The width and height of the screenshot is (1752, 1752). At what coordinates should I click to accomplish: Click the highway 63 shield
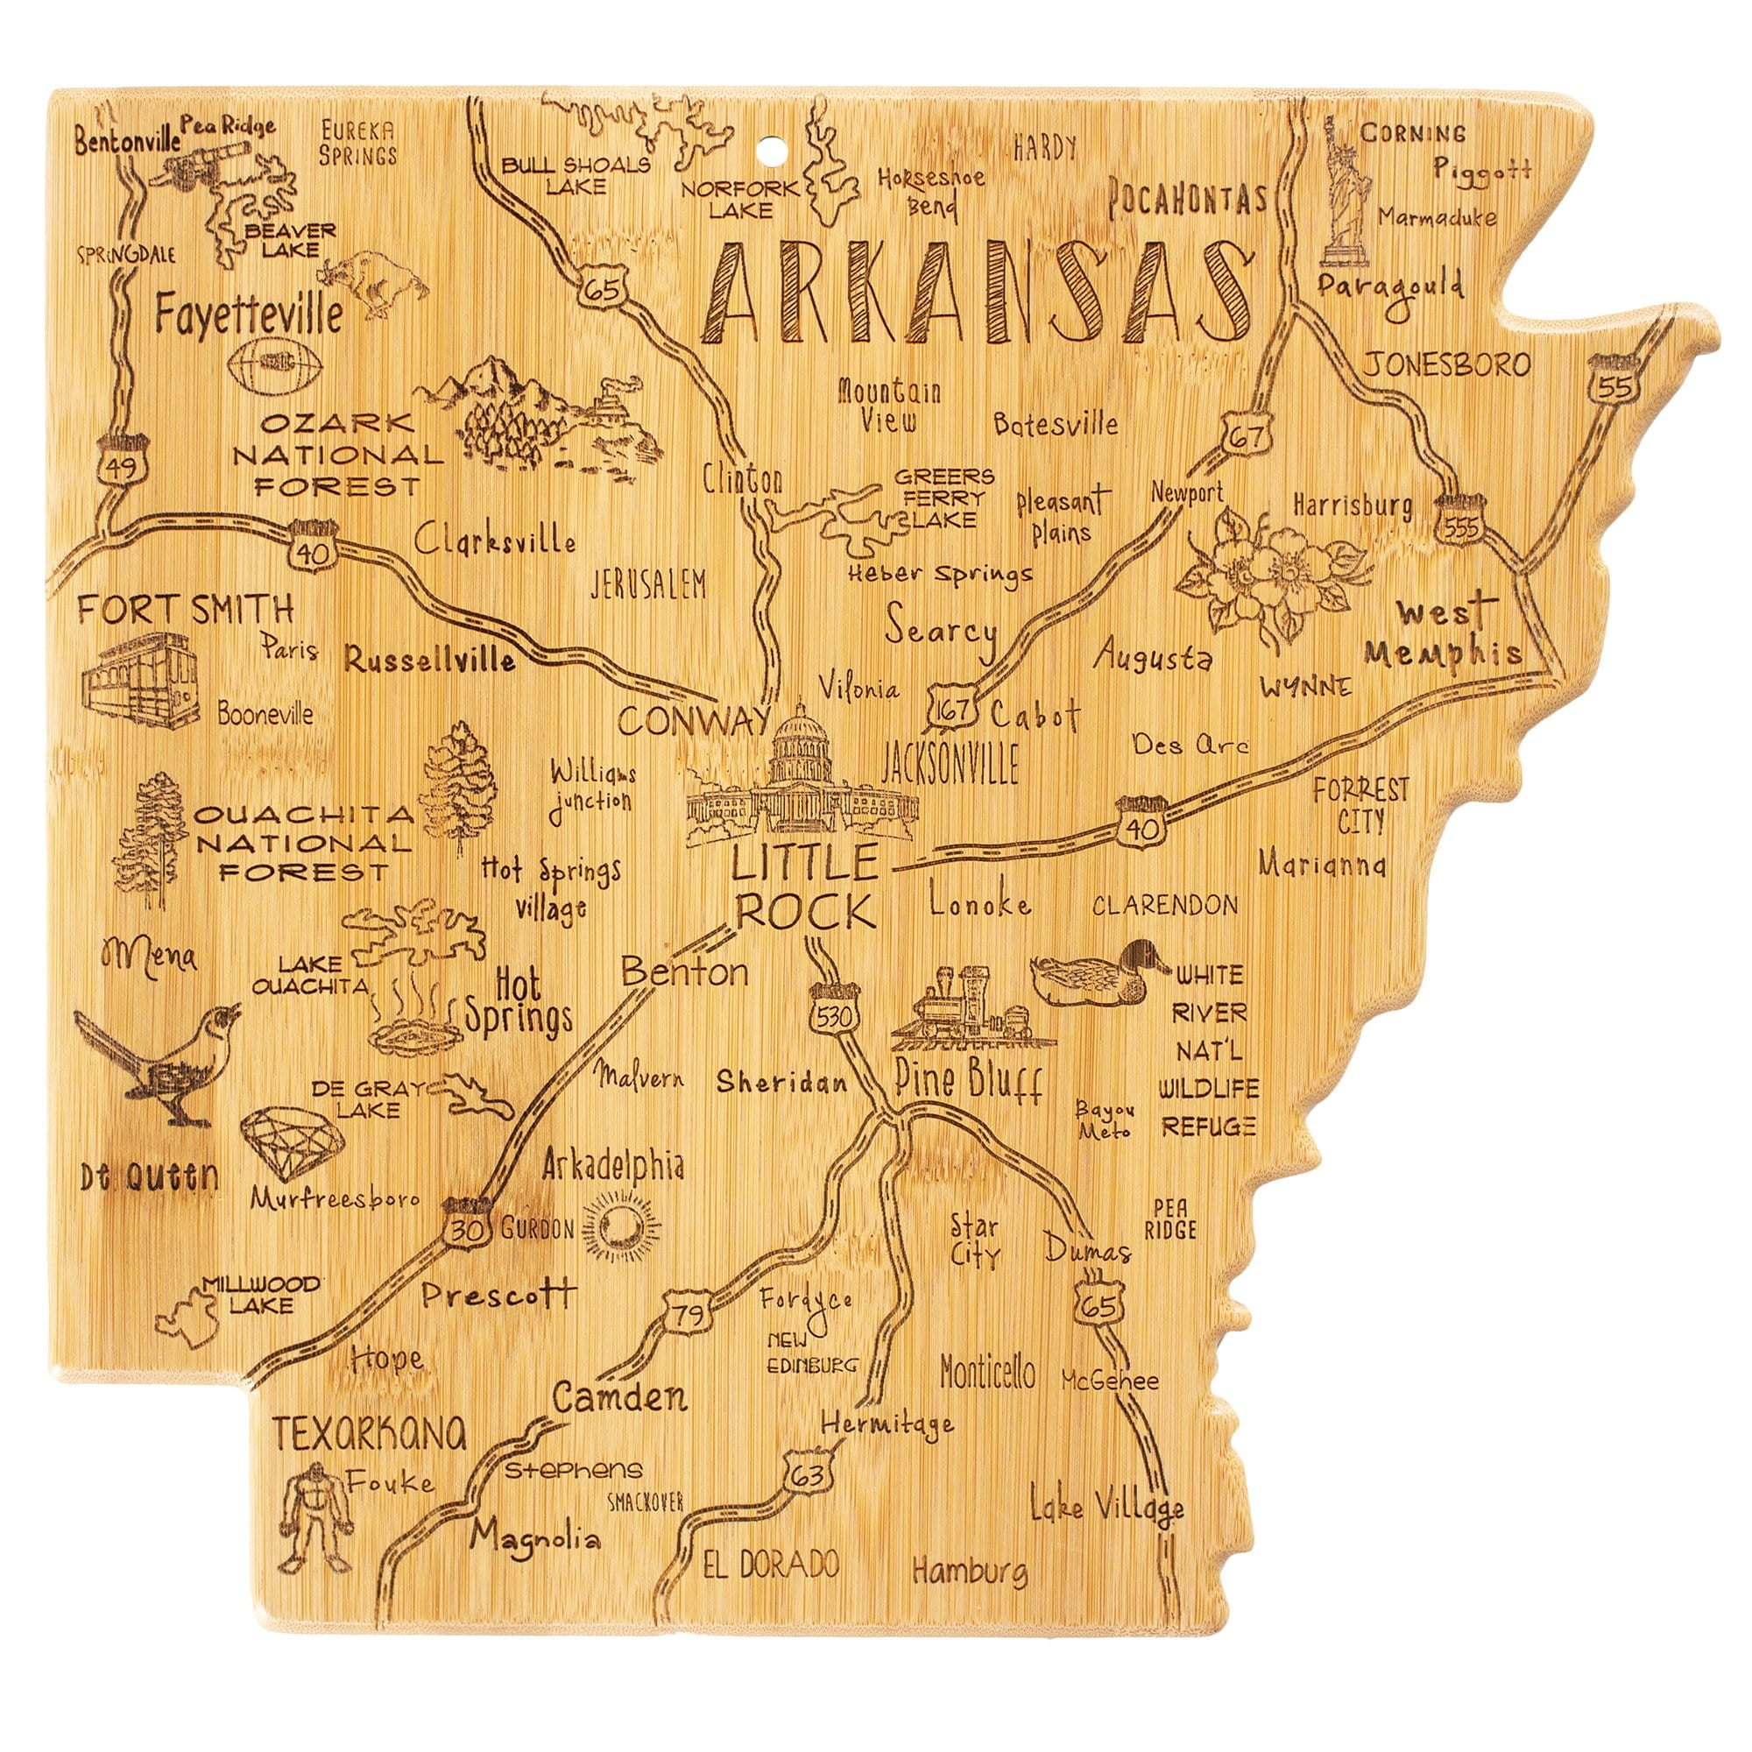(x=808, y=1475)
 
